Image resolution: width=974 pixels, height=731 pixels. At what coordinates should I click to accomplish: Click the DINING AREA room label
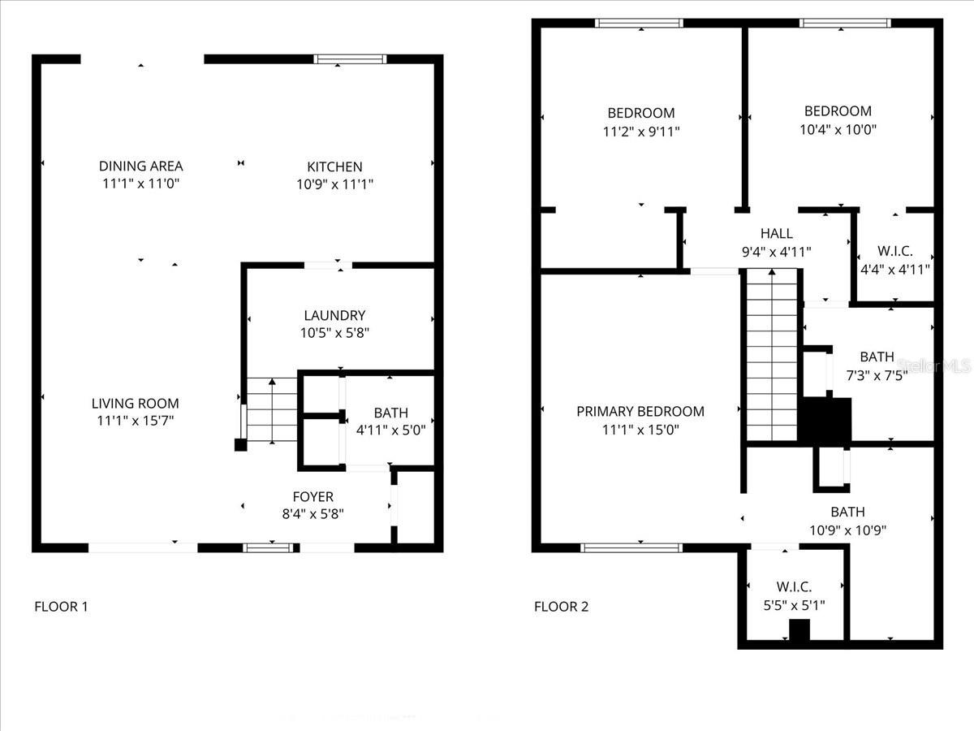coord(140,166)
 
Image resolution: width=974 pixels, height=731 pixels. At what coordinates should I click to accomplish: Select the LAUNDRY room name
coord(334,315)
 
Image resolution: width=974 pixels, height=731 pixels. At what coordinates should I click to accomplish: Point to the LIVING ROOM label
coord(135,403)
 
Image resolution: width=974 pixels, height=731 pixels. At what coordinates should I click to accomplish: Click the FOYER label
coord(312,496)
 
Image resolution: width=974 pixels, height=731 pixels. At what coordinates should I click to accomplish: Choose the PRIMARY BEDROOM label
coord(640,411)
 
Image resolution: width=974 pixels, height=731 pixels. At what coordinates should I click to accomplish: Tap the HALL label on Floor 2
coord(776,234)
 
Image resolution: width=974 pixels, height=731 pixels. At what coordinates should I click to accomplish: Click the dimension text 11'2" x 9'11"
coord(640,131)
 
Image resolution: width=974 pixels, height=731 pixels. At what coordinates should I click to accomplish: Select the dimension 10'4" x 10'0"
coord(838,129)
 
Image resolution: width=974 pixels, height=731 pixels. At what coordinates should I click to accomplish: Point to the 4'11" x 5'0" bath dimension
coord(390,430)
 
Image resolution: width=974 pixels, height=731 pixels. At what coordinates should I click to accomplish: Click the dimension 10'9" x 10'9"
coord(847,530)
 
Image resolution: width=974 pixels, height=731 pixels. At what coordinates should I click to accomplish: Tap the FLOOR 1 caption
coord(61,606)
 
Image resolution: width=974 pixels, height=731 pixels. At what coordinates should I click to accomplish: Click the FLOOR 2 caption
coord(561,606)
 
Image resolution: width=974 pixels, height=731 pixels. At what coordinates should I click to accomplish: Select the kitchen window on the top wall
coord(351,58)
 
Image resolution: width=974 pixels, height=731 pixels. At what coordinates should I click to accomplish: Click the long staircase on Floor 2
coord(772,357)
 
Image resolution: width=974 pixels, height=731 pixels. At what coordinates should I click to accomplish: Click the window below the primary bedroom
coord(632,547)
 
